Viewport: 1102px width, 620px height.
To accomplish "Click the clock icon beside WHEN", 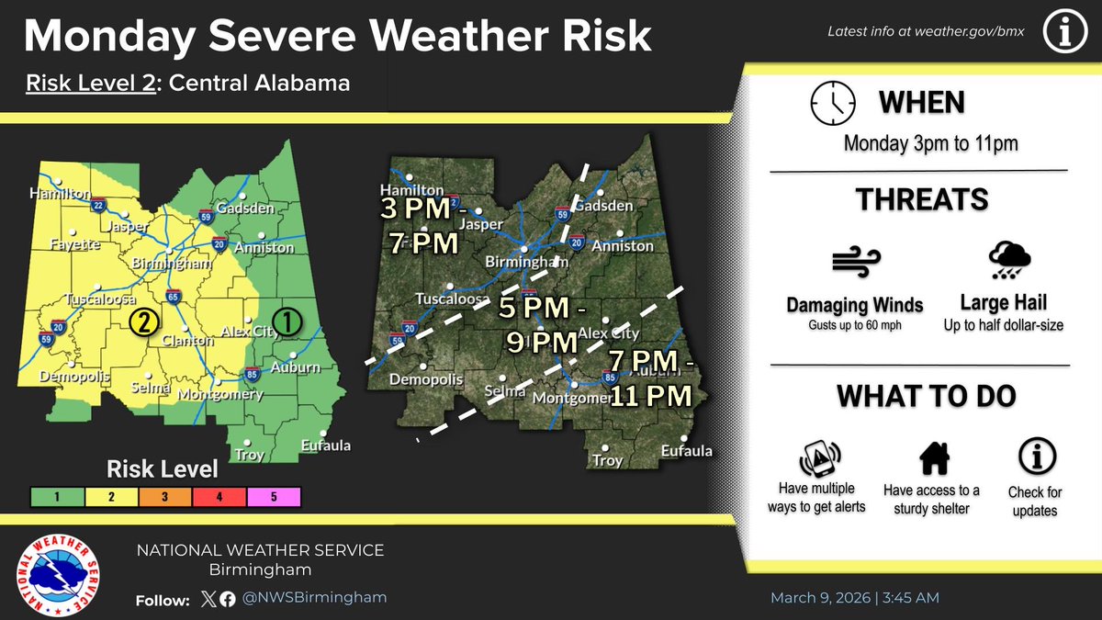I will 832,103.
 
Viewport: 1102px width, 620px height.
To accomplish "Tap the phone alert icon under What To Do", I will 821,458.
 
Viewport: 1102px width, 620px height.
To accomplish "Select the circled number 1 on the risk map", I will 287,321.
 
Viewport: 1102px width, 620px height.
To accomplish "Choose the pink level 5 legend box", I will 272,497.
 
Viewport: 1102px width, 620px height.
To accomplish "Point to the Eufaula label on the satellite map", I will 686,451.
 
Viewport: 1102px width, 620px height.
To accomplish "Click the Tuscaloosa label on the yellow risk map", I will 100,299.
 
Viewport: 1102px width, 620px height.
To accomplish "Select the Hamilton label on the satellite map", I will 412,190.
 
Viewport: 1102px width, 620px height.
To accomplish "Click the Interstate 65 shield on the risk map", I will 173,297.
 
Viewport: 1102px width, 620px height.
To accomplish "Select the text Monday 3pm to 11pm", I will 930,144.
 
